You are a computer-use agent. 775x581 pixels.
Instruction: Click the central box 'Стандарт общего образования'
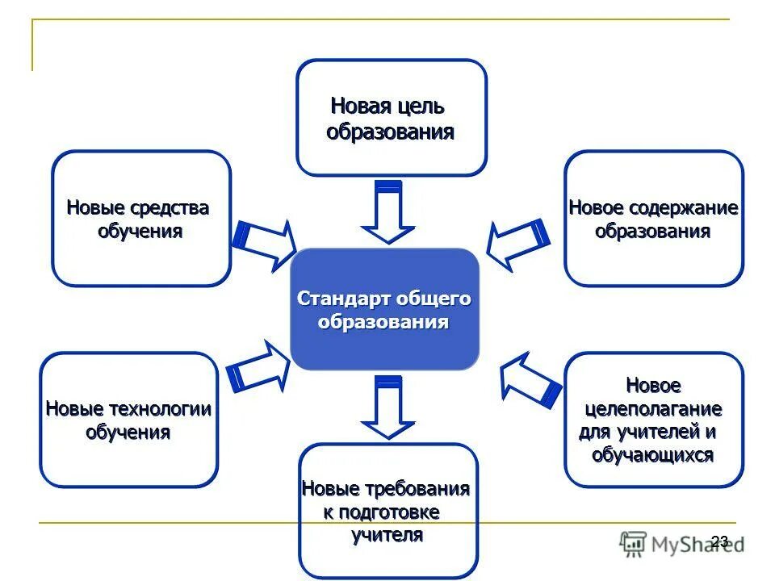coord(385,310)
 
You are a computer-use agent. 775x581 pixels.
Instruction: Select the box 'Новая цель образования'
coord(392,118)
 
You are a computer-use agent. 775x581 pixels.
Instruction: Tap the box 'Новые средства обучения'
coord(141,218)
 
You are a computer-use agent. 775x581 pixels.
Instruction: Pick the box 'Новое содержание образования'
coord(653,218)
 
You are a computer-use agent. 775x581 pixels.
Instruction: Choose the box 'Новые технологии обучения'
coord(128,420)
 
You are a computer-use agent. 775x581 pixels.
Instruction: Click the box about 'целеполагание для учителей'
coord(653,420)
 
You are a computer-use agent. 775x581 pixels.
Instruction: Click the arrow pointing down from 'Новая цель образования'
coord(387,211)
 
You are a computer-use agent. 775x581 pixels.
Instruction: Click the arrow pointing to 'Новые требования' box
coord(388,408)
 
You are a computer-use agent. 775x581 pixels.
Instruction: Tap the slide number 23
coord(720,541)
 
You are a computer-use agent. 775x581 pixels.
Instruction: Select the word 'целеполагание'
coord(653,409)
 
